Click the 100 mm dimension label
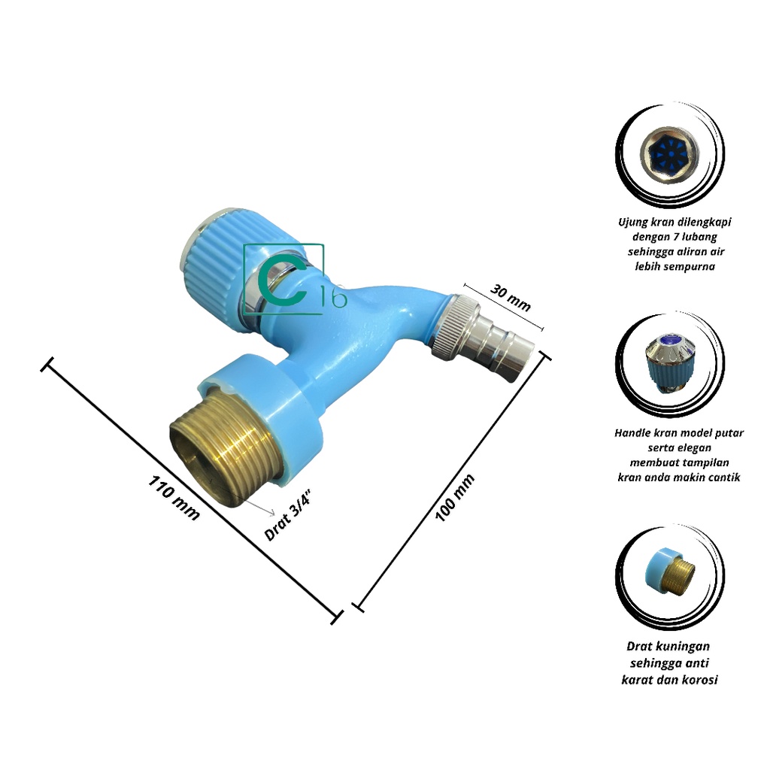coord(456,498)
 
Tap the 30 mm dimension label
coord(511,297)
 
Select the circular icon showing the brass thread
coord(669,575)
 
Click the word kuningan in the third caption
coord(684,646)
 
